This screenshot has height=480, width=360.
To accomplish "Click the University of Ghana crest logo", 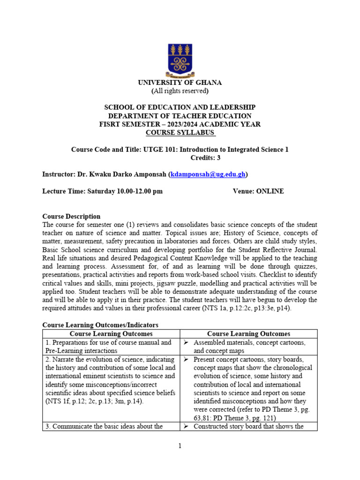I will [x=180, y=58].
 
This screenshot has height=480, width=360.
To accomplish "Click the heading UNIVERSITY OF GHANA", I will [x=180, y=82].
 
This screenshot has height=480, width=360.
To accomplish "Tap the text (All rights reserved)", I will [x=180, y=90].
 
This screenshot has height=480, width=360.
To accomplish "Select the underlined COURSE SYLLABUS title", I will [x=180, y=133].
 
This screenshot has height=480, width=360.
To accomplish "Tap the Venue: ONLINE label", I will [x=258, y=191].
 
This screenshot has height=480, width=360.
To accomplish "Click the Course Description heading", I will [x=71, y=217].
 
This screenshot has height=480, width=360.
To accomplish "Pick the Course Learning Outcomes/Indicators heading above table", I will [x=100, y=325].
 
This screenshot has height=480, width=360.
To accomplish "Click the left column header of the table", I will [x=111, y=334].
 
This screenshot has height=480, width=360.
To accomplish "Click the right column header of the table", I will [x=248, y=334].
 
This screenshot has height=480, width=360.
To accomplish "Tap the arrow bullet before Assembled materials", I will [x=186, y=343].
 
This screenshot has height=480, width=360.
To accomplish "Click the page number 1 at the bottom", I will [x=180, y=446].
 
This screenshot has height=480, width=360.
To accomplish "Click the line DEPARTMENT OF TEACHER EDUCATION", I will [x=180, y=116].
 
